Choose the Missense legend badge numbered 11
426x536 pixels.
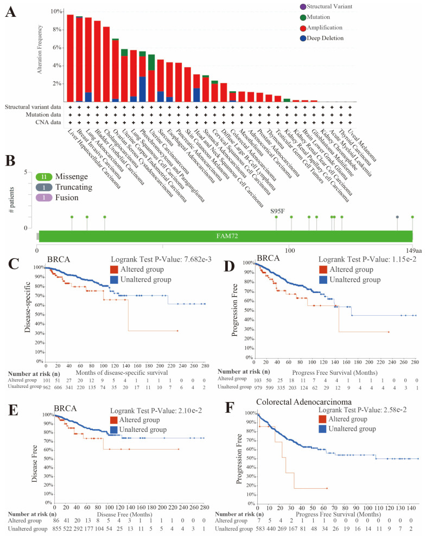tap(44, 177)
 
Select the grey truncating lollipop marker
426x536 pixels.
tap(397, 217)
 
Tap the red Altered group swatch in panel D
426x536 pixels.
tap(324, 270)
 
